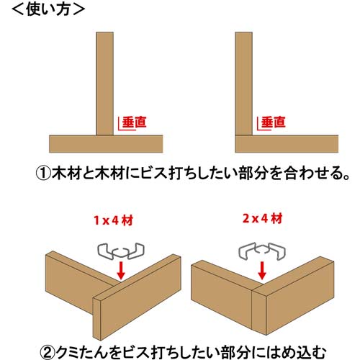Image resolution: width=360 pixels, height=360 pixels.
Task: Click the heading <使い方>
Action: click(45, 10)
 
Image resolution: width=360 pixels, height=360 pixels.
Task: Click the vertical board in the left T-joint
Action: click(106, 79)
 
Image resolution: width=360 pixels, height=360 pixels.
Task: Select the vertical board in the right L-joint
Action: click(243, 79)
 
